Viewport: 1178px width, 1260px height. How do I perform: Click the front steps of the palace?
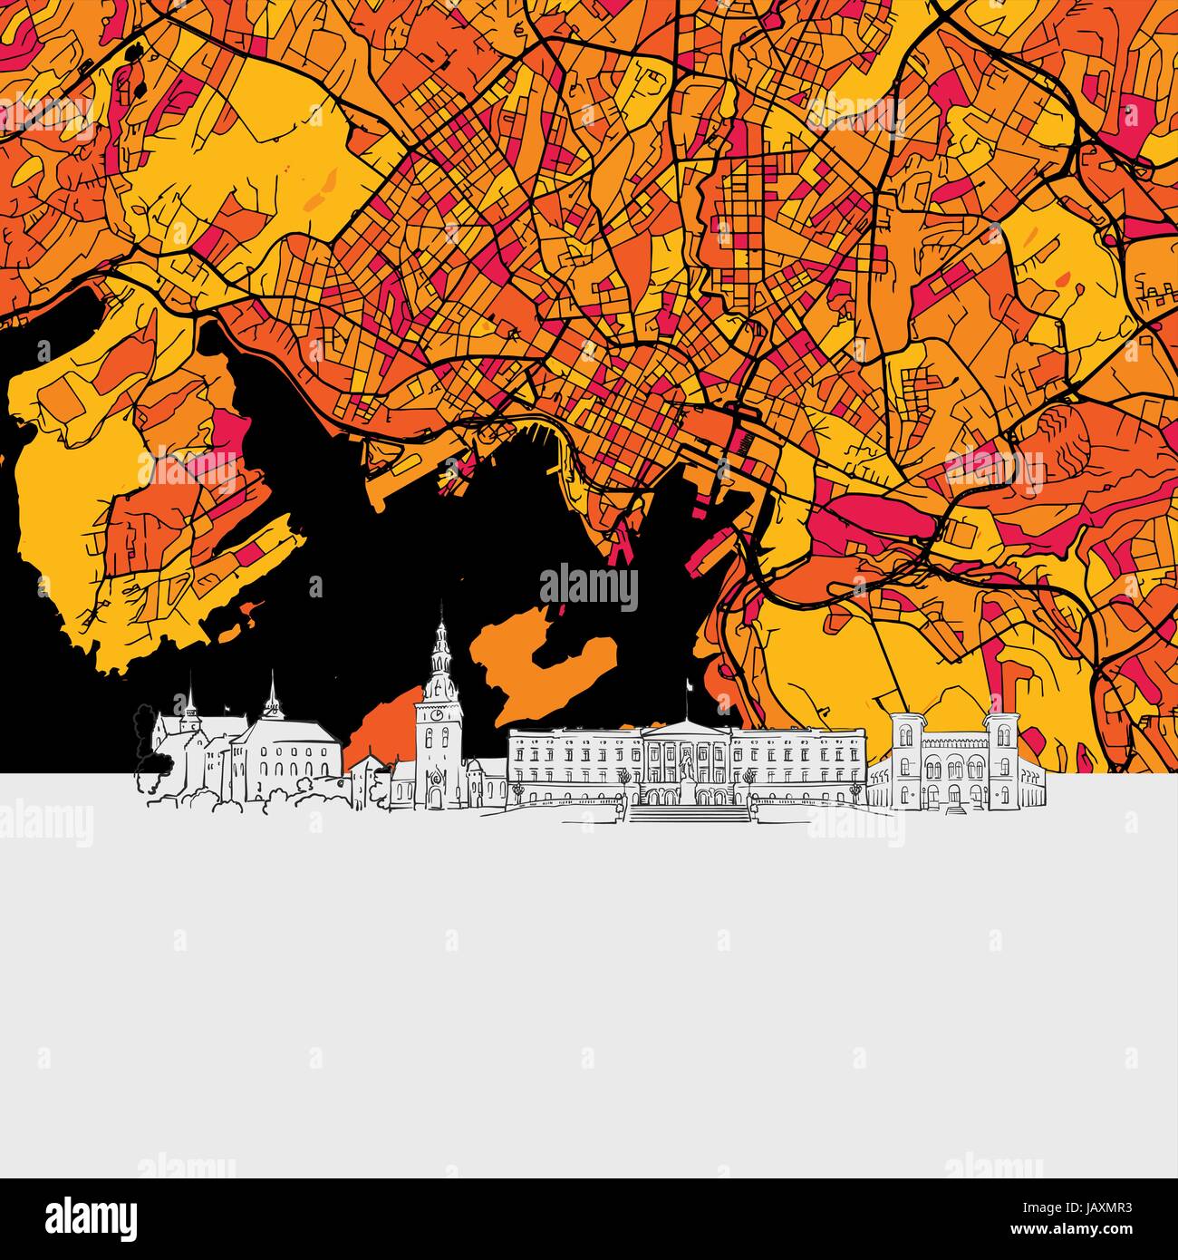689,813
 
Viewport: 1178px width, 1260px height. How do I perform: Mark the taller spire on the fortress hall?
271,693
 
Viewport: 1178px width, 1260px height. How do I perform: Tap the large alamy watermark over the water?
589,586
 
